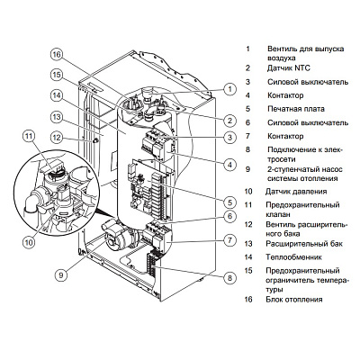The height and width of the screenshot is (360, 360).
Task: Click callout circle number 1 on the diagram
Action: (x=230, y=89)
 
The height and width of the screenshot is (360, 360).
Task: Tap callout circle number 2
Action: (x=230, y=120)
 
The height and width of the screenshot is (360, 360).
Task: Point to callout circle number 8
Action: (x=230, y=279)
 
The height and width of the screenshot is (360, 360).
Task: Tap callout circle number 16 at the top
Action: (x=55, y=54)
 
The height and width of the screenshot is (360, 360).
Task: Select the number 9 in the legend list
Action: (x=248, y=166)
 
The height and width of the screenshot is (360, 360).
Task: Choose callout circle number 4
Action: (x=230, y=165)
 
